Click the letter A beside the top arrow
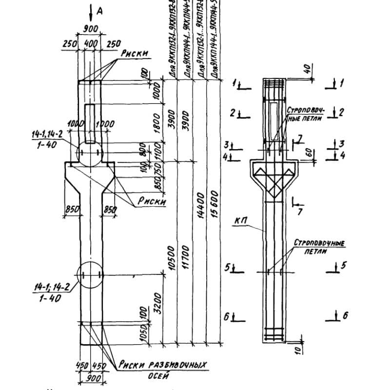(x=99, y=11)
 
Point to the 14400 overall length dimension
(x=200, y=208)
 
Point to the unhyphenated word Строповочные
(x=319, y=242)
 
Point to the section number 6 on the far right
(x=345, y=315)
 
